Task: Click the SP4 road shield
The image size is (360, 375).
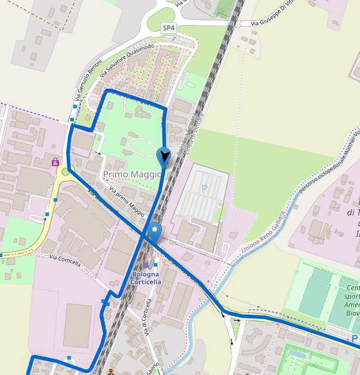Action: (x=169, y=28)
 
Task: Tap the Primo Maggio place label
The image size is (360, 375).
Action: (x=132, y=174)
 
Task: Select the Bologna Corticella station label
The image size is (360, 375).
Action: (x=146, y=278)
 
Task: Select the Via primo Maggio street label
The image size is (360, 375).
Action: (x=128, y=201)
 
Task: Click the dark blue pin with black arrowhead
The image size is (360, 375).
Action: (x=164, y=157)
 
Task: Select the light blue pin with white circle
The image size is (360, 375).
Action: (x=155, y=232)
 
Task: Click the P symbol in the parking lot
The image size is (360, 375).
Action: (x=204, y=189)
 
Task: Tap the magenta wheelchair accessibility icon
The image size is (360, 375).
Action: (x=55, y=161)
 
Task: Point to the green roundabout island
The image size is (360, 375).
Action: (x=65, y=172)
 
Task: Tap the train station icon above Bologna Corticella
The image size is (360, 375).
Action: (x=146, y=264)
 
